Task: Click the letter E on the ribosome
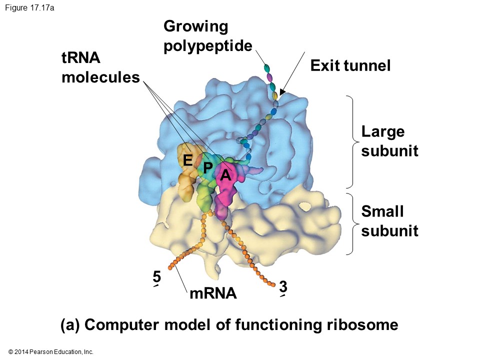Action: [x=187, y=160]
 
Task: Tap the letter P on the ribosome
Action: [x=208, y=166]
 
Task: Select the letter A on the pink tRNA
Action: [x=225, y=175]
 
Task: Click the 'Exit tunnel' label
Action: [x=350, y=65]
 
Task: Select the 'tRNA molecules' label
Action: [x=100, y=68]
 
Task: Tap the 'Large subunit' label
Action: [x=389, y=141]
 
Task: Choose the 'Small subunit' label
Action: [x=389, y=221]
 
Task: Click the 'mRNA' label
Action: [x=213, y=293]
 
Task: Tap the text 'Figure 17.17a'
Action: [x=30, y=7]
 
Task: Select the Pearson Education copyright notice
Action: [x=51, y=352]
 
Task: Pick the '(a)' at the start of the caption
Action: [x=70, y=325]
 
